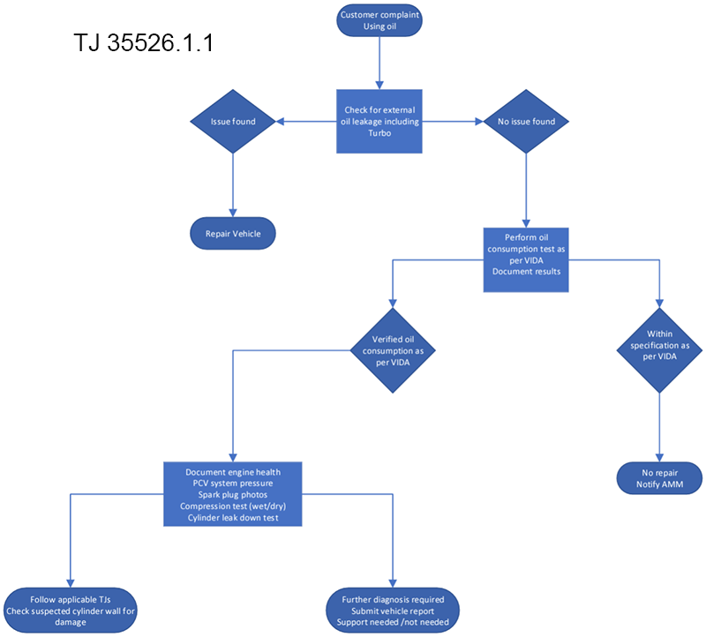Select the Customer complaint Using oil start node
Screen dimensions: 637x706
[x=379, y=21]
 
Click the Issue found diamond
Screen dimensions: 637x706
[x=233, y=122]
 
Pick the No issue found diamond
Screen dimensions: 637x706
[x=526, y=122]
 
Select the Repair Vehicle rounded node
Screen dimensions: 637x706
[x=233, y=235]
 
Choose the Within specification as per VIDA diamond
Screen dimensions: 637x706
[x=659, y=350]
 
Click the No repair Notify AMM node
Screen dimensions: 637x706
[x=659, y=479]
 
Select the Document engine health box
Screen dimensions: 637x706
[x=232, y=494]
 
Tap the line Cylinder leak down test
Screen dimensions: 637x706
[x=232, y=518]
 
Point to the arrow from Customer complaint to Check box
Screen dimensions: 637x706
[x=379, y=62]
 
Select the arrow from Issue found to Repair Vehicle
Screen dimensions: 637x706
[x=233, y=185]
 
